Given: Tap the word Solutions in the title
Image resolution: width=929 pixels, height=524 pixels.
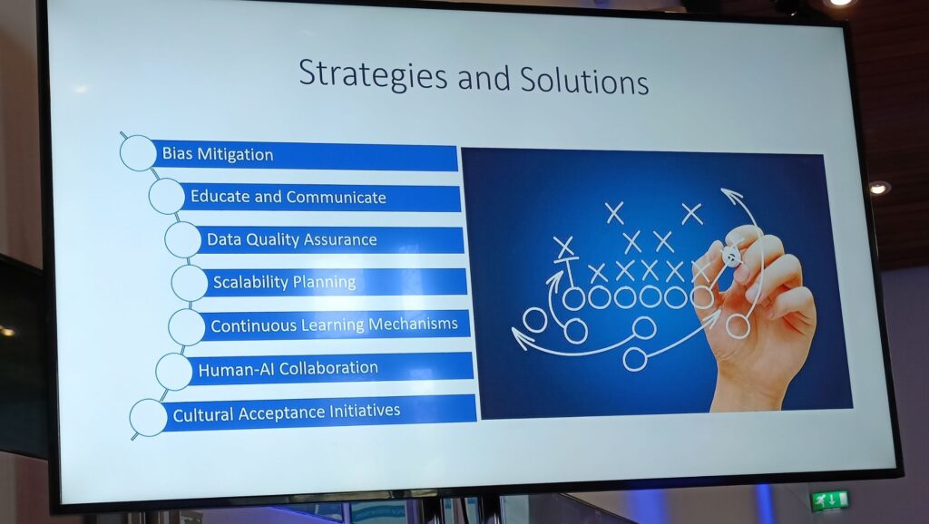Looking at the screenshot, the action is point(584,80).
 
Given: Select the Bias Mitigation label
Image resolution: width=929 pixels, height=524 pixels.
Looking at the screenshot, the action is point(218,154).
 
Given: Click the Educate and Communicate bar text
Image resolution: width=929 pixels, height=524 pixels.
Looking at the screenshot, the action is point(288,197).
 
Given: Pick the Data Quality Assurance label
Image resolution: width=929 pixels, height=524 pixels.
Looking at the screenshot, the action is point(291,239).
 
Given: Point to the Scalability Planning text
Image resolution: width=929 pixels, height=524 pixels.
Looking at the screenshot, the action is point(284,282).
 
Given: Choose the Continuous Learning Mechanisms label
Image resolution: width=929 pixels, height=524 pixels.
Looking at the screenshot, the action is point(334,325).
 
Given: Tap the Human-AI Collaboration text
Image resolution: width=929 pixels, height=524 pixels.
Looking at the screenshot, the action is point(288,369).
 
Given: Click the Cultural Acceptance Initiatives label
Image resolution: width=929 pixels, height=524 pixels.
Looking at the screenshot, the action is point(287,412).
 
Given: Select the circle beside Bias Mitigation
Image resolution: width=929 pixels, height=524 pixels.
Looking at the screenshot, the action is point(138,153).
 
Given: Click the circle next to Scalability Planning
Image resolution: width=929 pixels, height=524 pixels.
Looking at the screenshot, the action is point(190,283).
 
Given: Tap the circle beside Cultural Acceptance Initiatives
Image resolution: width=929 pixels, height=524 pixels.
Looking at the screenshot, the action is point(148,417).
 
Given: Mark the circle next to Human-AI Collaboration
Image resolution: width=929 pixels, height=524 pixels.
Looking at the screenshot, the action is point(174,372).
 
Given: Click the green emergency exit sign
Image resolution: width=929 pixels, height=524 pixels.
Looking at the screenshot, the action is point(831,501).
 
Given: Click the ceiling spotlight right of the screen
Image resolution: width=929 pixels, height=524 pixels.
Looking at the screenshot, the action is point(879,188).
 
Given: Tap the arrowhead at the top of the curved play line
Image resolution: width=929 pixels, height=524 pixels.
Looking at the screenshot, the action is point(732,196).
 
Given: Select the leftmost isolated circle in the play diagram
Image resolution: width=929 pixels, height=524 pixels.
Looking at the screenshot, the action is point(534,320).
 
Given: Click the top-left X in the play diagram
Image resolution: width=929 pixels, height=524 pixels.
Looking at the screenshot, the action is point(615,212).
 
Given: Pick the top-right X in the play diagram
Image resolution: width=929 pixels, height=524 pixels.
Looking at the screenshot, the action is point(691,214).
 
